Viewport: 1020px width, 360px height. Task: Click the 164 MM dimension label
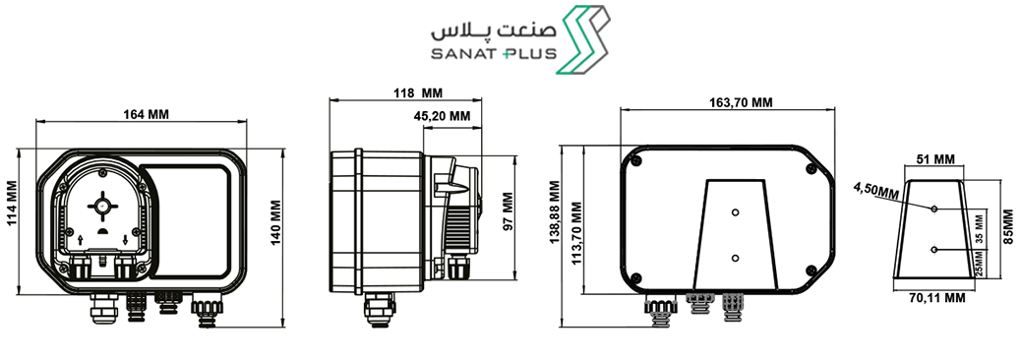(146, 114)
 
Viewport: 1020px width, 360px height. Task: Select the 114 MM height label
(11, 203)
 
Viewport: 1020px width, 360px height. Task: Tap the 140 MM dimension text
(275, 222)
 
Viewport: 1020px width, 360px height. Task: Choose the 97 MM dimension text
(509, 210)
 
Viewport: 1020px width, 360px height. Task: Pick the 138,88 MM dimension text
(554, 212)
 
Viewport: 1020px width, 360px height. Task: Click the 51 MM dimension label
(935, 159)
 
